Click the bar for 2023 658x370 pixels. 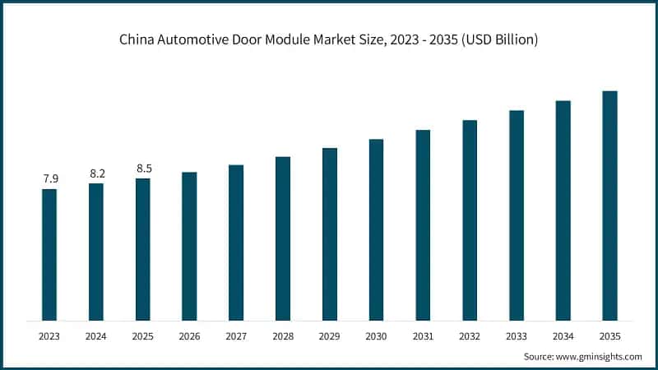tap(49, 255)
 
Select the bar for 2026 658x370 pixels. tap(189, 247)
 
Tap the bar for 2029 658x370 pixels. tap(330, 234)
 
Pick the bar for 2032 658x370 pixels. tap(470, 220)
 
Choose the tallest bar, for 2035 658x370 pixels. tap(609, 206)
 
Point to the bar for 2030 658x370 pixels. tap(376, 230)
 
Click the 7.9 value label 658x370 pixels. tap(49, 178)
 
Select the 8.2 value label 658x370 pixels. tap(96, 173)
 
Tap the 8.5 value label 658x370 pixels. tap(143, 168)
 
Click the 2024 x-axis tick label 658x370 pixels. tap(96, 336)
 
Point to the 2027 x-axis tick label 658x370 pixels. tap(236, 336)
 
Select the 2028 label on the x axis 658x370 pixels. tap(283, 336)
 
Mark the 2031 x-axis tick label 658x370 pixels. tap(423, 336)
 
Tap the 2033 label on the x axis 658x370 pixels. tap(517, 336)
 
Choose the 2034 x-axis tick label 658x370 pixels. tap(563, 336)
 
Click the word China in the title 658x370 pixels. tap(137, 40)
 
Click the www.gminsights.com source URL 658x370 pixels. tap(599, 356)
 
